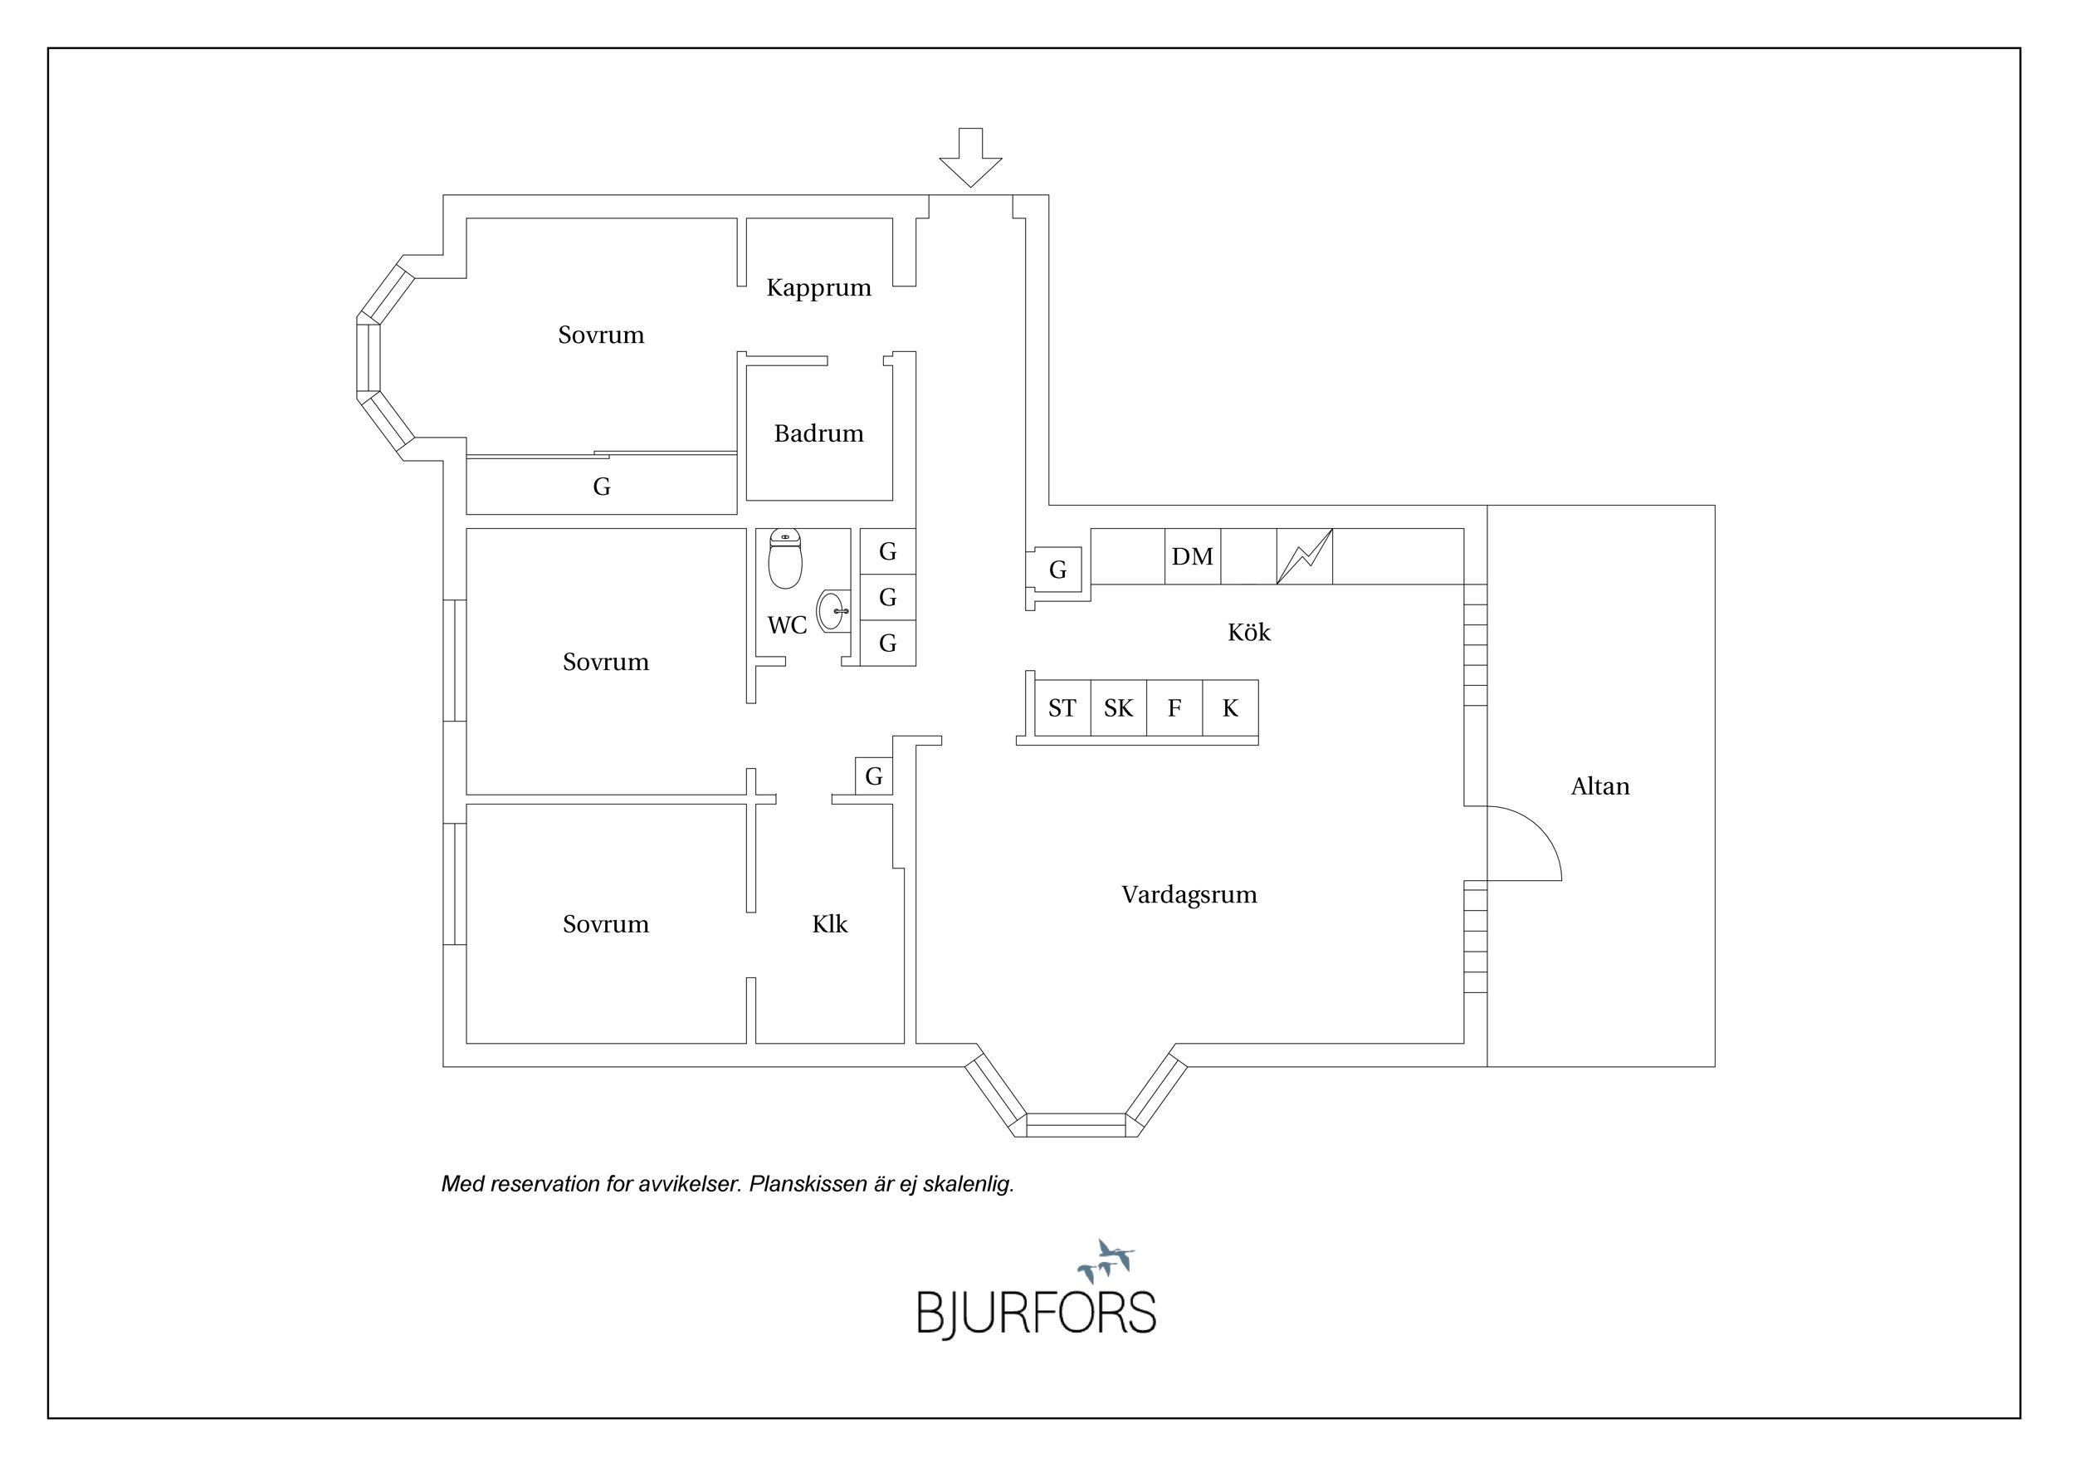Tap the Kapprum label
818,288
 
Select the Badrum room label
818,434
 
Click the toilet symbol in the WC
785,560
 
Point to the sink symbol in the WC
832,611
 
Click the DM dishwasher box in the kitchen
1192,557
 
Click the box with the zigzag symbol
1304,557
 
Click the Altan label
1599,787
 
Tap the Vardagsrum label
1189,895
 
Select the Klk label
830,925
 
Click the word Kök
1249,633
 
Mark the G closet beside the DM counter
1058,570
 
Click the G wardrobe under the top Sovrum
602,487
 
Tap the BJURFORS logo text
1037,1314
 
